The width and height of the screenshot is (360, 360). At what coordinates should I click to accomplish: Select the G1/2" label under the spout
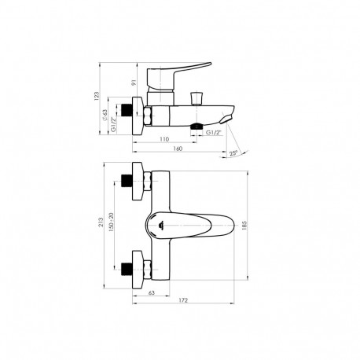coord(213,134)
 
